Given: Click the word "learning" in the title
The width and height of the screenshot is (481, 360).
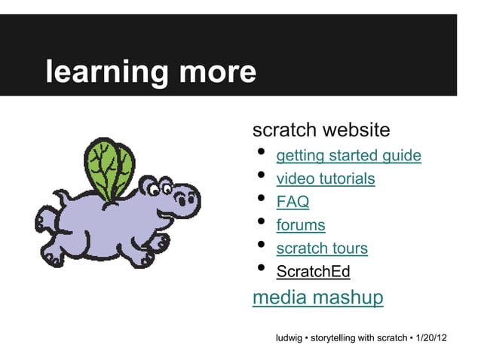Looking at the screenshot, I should (x=106, y=73).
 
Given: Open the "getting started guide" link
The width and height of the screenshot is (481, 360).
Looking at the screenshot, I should (x=348, y=156).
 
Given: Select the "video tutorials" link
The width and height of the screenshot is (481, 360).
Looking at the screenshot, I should (x=325, y=179).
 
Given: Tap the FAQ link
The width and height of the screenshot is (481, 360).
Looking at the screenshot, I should (x=293, y=202).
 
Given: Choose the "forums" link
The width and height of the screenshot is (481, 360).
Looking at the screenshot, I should (x=300, y=225).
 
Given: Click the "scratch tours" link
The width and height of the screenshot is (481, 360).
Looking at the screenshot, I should (x=322, y=248).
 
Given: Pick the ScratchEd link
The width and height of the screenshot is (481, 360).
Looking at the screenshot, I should (x=313, y=271).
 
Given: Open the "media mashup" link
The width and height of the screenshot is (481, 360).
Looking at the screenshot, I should (x=317, y=297).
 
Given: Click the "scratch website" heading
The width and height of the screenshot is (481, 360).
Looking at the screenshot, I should (x=320, y=130).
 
